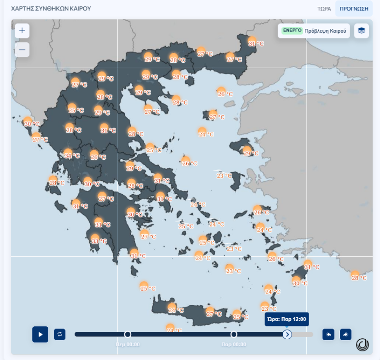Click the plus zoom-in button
[x=22, y=31]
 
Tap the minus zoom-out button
[x=22, y=50]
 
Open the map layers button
[x=361, y=31]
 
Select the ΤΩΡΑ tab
[x=324, y=9]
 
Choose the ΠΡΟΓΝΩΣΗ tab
[x=354, y=9]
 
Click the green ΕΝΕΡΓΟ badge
[x=292, y=31]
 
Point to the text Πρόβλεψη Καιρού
[x=325, y=31]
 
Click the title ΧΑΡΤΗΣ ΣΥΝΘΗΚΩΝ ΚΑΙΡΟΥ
[x=51, y=9]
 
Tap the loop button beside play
[x=60, y=334]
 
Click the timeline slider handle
[x=287, y=334]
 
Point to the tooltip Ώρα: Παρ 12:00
[x=286, y=319]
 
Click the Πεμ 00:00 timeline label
[x=127, y=344]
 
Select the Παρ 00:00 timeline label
[x=234, y=344]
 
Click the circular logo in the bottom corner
[x=362, y=344]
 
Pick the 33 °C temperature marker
[x=98, y=240]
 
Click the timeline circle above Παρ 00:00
[x=234, y=334]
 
